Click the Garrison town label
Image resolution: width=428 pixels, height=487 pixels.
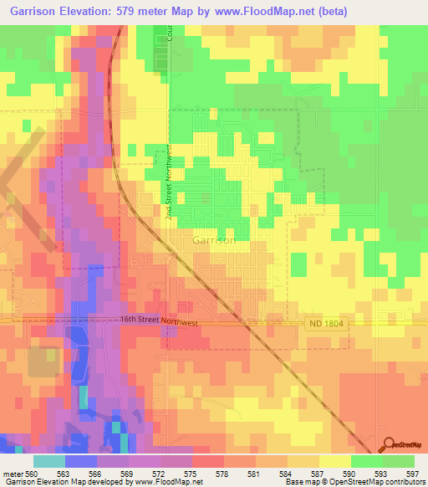tap(214, 240)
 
